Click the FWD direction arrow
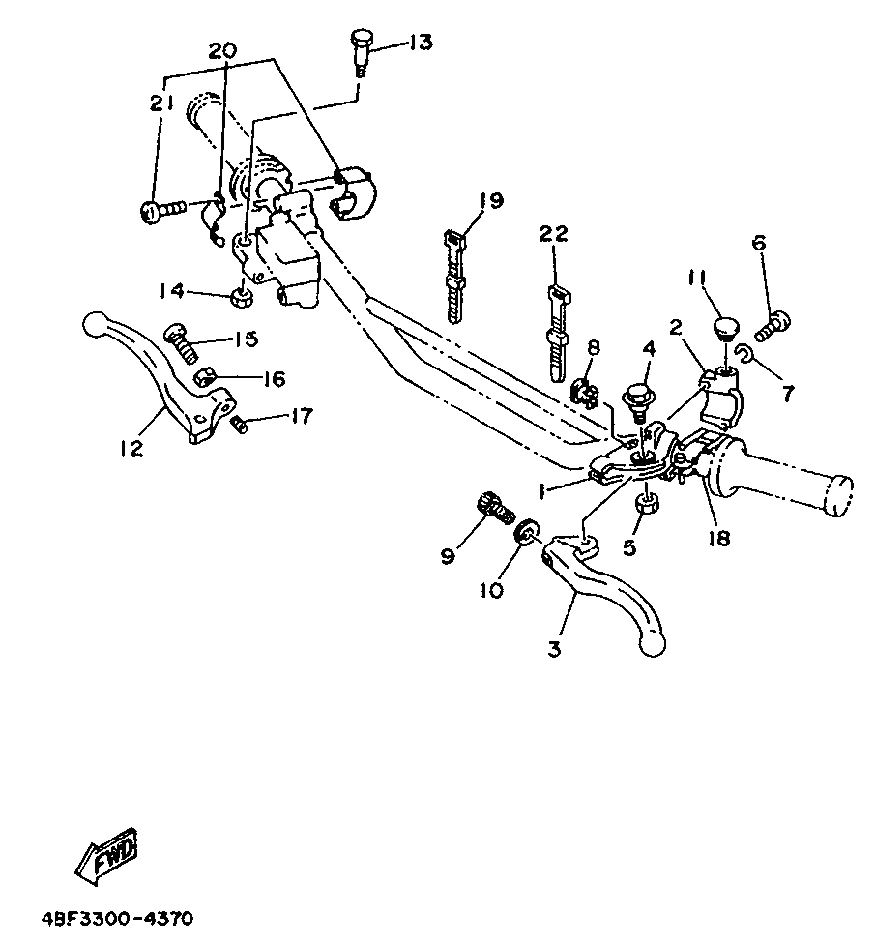click(107, 856)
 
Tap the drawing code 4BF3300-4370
click(118, 920)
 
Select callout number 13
click(421, 43)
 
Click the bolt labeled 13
click(362, 52)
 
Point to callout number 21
click(161, 103)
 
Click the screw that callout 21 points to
click(163, 211)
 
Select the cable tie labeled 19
click(455, 275)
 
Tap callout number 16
click(275, 379)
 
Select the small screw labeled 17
click(240, 426)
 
